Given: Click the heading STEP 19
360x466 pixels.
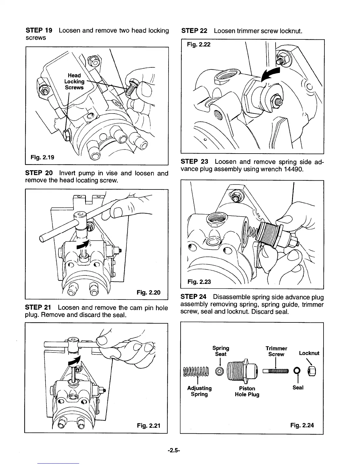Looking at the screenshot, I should (39, 31).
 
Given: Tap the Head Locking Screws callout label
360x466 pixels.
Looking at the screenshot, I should (74, 81).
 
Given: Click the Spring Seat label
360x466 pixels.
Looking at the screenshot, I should (221, 351).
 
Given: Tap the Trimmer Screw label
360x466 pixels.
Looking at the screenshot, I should (276, 351).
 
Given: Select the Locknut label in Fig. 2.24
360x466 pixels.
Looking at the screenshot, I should (309, 353).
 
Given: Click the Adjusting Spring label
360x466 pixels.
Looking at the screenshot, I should (199, 391).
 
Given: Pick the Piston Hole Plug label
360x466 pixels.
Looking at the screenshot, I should (247, 392).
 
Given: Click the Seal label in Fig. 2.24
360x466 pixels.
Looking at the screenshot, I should (298, 388).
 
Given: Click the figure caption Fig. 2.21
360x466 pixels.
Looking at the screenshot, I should (149, 425).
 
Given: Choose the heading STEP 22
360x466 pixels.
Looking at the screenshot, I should (194, 31).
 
